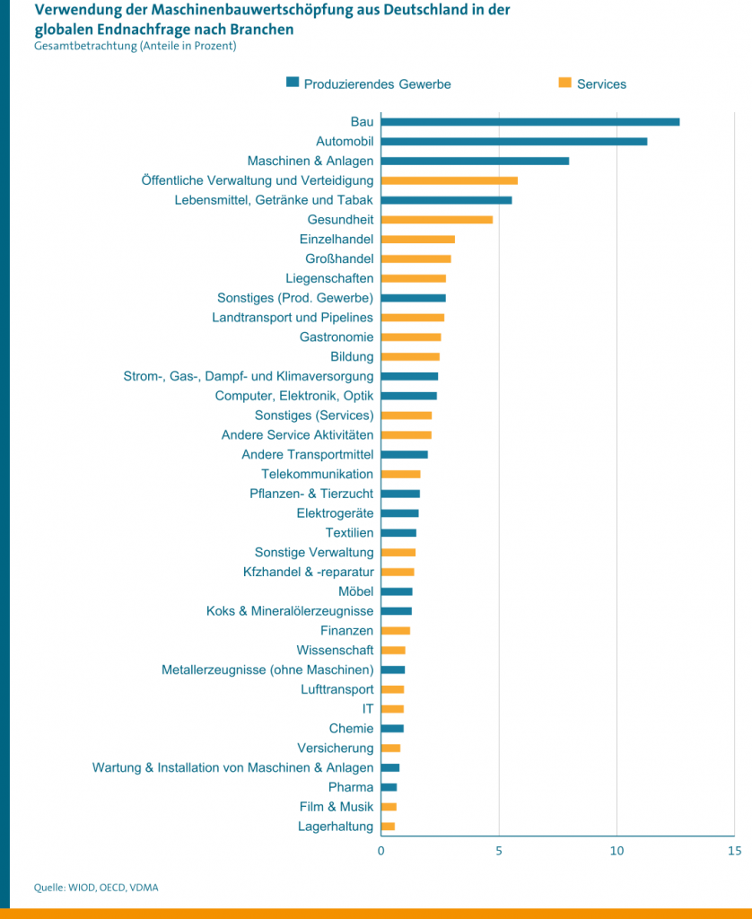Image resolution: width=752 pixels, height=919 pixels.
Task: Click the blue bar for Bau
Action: [x=529, y=122]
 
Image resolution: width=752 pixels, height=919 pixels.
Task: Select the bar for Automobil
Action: [x=513, y=142]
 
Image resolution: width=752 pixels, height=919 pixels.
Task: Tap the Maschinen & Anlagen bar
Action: [x=475, y=162]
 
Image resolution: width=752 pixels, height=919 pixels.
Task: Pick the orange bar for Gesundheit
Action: [x=436, y=220]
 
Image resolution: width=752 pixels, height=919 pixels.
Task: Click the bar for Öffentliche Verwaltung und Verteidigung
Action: [x=449, y=180]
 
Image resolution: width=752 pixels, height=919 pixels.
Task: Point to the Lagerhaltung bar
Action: [x=388, y=827]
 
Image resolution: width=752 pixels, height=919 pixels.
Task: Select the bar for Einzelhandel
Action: [x=417, y=240]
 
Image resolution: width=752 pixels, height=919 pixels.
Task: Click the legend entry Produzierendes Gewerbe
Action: [x=377, y=84]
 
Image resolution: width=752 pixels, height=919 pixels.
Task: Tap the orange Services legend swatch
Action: [x=565, y=83]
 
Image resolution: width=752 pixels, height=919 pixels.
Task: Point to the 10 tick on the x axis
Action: [x=616, y=850]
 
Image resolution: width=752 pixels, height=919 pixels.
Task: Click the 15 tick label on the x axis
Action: [x=734, y=850]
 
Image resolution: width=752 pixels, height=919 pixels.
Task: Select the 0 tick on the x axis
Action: [x=381, y=850]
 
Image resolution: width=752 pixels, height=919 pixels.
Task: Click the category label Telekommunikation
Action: [x=317, y=474]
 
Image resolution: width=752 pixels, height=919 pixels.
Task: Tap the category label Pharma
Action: [x=351, y=787]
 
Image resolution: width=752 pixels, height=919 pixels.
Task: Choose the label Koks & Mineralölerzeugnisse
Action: [x=290, y=611]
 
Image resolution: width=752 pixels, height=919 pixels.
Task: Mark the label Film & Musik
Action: [x=337, y=807]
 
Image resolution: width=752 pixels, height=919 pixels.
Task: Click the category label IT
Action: [x=368, y=709]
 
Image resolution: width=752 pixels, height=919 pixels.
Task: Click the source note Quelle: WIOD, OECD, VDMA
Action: [x=96, y=888]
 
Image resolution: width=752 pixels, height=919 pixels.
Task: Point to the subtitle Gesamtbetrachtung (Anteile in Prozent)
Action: [x=135, y=47]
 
